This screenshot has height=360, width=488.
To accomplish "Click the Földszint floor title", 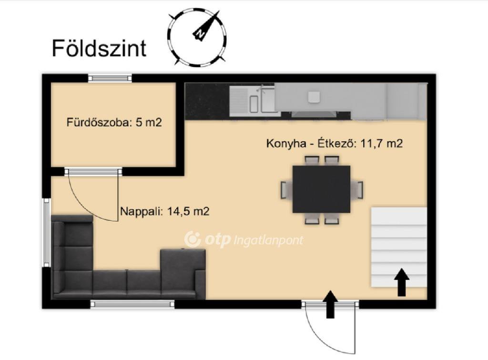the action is tap(99, 48).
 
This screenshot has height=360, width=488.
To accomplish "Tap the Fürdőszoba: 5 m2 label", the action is tap(114, 123).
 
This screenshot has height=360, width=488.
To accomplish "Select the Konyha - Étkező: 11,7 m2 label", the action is tap(334, 143).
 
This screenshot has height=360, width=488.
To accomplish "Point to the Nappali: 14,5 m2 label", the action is tap(164, 211).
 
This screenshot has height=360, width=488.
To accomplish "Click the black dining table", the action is tap(322, 189).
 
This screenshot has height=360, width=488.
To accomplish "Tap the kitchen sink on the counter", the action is tap(253, 100).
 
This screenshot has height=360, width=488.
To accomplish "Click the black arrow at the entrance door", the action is tap(330, 304).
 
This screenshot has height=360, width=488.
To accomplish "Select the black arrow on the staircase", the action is tap(402, 282).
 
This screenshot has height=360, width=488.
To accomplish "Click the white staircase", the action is tap(399, 247).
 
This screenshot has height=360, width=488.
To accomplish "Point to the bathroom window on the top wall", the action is tap(110, 78).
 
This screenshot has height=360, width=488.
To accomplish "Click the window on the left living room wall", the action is tap(46, 232).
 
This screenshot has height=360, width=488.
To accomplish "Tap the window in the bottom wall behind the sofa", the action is tap(132, 304).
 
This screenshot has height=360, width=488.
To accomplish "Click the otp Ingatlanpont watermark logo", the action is tap(244, 239).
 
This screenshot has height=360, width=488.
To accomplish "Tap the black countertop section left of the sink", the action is tap(207, 101).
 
